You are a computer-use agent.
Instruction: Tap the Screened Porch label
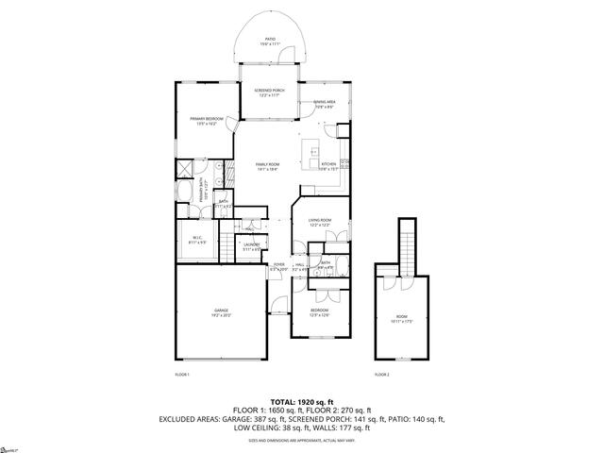click(x=270, y=92)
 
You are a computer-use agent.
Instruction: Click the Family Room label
click(x=267, y=167)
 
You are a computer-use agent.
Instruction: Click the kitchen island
click(x=312, y=150)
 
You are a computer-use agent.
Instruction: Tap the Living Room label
click(x=319, y=223)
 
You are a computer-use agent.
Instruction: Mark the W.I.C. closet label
click(x=199, y=240)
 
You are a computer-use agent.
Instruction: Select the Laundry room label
click(x=251, y=247)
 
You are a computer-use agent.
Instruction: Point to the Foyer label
click(x=279, y=266)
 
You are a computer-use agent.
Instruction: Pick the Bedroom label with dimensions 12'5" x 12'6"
click(x=320, y=311)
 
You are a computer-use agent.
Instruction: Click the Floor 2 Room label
click(x=401, y=317)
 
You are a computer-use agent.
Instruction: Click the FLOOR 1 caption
click(x=183, y=375)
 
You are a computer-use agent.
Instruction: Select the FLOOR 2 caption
click(x=381, y=375)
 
